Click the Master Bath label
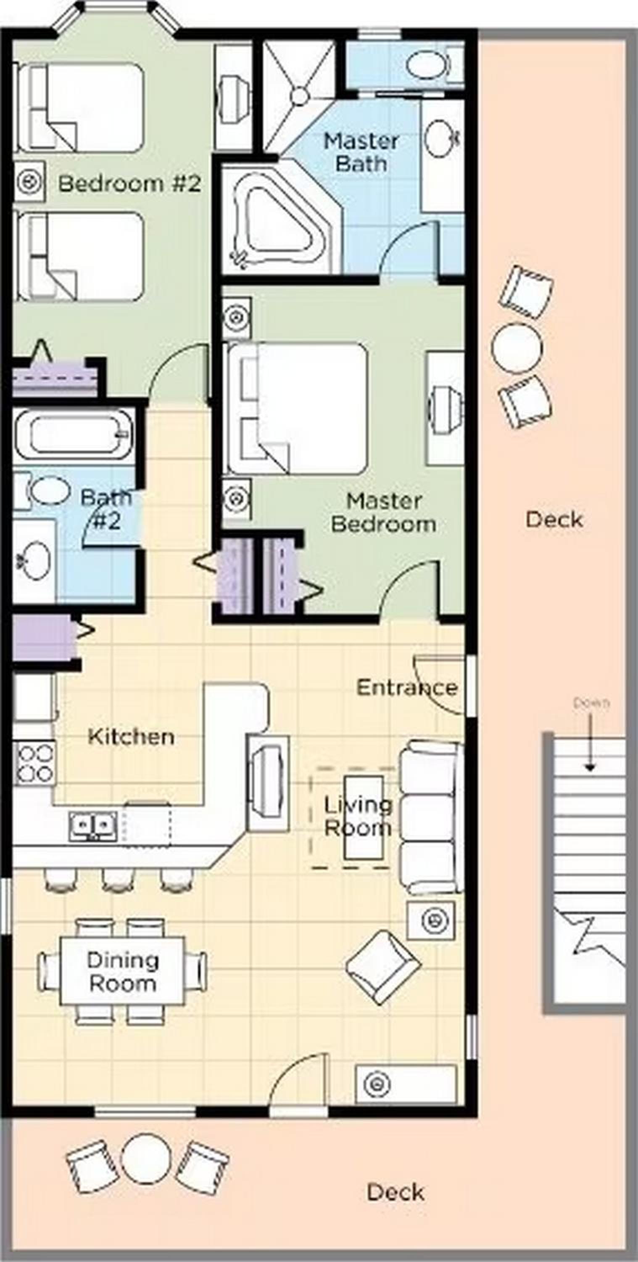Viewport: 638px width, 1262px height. (x=361, y=152)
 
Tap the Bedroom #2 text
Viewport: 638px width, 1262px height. (x=130, y=184)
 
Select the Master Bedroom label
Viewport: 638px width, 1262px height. (x=384, y=512)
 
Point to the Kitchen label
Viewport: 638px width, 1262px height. (x=131, y=737)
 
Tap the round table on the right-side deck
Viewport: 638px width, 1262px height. (x=517, y=348)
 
